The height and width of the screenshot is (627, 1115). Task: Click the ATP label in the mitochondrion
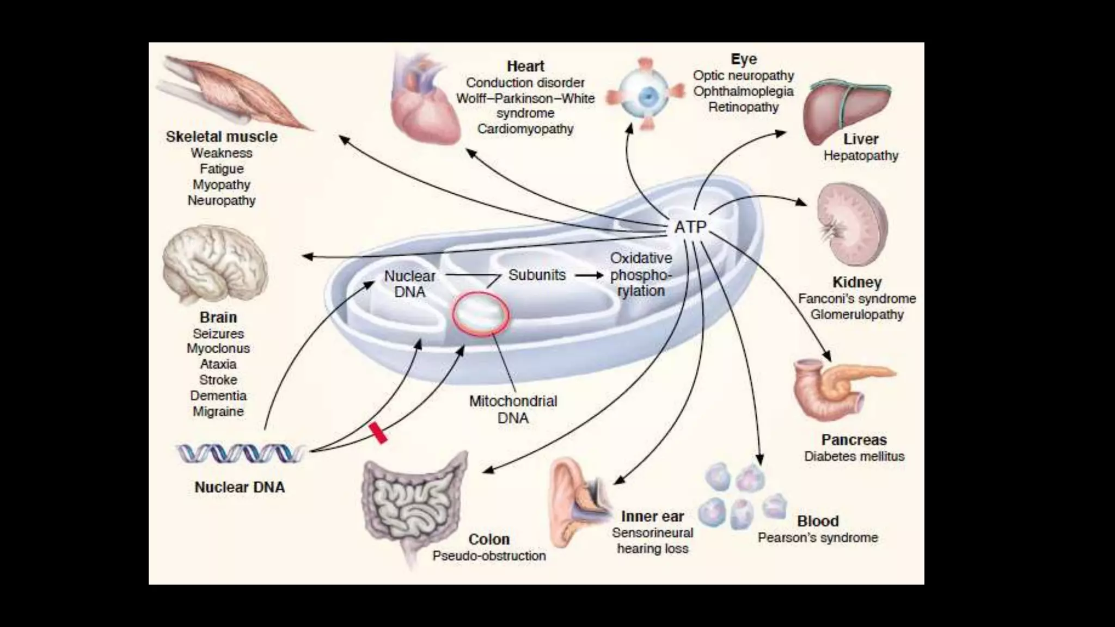tap(690, 226)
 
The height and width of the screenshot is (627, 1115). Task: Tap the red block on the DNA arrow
tap(378, 433)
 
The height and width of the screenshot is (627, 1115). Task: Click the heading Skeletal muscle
tap(222, 137)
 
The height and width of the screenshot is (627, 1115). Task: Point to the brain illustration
tap(215, 267)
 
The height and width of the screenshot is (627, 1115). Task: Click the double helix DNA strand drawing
tap(240, 453)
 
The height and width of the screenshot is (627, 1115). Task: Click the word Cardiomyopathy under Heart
tap(525, 129)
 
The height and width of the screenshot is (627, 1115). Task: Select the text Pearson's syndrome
tap(818, 538)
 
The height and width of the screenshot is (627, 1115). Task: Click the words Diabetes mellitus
tap(854, 456)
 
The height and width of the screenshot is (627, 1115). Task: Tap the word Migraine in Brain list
tap(218, 411)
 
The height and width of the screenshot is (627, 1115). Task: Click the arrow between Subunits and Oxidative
tap(590, 275)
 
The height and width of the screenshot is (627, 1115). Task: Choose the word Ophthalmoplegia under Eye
tap(743, 91)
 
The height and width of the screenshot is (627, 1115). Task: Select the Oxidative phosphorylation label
tap(641, 274)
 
